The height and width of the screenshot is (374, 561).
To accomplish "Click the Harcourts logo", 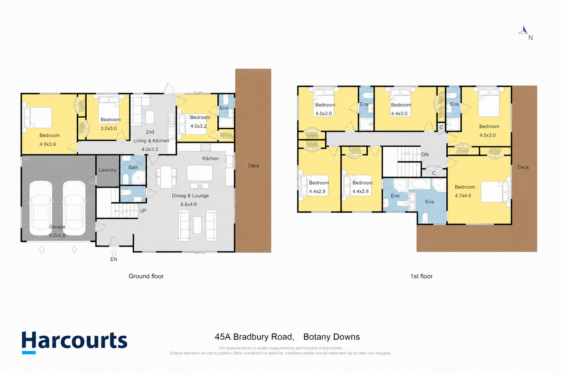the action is (x=75, y=342).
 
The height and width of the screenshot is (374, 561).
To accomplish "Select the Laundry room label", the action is (x=108, y=170).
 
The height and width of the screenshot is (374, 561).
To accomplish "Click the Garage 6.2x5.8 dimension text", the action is (x=57, y=236).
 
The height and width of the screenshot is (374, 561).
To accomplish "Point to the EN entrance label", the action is (x=114, y=259).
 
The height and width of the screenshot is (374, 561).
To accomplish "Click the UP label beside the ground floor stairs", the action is (x=143, y=211).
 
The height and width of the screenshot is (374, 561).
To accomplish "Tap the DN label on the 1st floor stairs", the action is (x=425, y=154).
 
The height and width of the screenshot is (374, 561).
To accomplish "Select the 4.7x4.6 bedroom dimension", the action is (x=463, y=196).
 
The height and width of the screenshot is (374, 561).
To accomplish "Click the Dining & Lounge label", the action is (x=190, y=196).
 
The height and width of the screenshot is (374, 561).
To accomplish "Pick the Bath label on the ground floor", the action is (x=133, y=167).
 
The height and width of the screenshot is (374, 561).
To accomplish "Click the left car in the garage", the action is (x=41, y=208).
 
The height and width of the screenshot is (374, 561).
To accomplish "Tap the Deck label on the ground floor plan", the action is (x=254, y=165).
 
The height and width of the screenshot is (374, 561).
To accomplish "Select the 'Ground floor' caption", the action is (x=146, y=276).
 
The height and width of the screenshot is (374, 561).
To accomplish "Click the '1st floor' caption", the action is (x=421, y=276).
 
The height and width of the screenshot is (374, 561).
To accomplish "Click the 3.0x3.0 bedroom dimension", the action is (x=109, y=129).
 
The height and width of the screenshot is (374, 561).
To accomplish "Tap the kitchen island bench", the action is (x=200, y=173).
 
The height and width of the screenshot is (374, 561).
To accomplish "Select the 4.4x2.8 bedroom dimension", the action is (x=360, y=192).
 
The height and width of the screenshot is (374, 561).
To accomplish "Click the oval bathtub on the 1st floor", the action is (x=420, y=184).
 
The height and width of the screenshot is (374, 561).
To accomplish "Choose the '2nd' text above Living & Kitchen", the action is (x=150, y=132).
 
